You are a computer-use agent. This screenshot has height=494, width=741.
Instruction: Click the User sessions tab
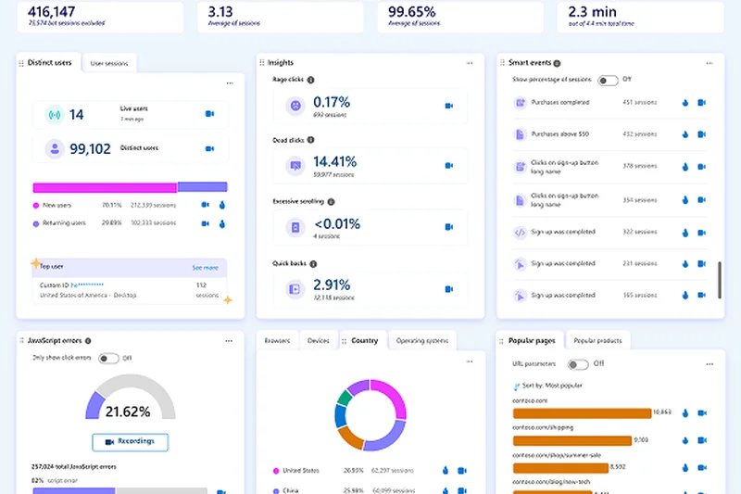109,63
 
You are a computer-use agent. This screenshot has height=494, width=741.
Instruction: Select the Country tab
365,341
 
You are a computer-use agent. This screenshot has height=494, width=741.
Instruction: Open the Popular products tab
597,341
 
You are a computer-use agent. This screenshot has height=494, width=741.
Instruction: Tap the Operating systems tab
422,341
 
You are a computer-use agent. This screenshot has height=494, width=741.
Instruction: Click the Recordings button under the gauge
130,441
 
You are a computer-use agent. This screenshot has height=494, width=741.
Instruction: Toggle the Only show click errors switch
108,358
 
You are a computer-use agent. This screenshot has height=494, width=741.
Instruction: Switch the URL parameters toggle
579,364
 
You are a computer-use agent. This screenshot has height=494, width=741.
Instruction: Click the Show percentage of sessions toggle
608,80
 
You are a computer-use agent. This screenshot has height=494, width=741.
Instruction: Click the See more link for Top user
205,267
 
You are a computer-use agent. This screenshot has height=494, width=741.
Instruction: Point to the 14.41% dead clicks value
334,161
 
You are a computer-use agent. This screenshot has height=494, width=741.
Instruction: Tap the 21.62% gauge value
130,411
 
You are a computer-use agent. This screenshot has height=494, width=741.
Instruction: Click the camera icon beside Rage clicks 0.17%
449,106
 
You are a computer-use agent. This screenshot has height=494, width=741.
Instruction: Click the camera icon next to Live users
209,114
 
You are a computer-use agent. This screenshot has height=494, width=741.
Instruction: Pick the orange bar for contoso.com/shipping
571,441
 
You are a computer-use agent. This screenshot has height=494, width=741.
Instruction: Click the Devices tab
318,341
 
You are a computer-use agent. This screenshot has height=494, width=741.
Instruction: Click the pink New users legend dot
36,205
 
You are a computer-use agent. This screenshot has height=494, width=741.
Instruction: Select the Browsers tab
277,341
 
